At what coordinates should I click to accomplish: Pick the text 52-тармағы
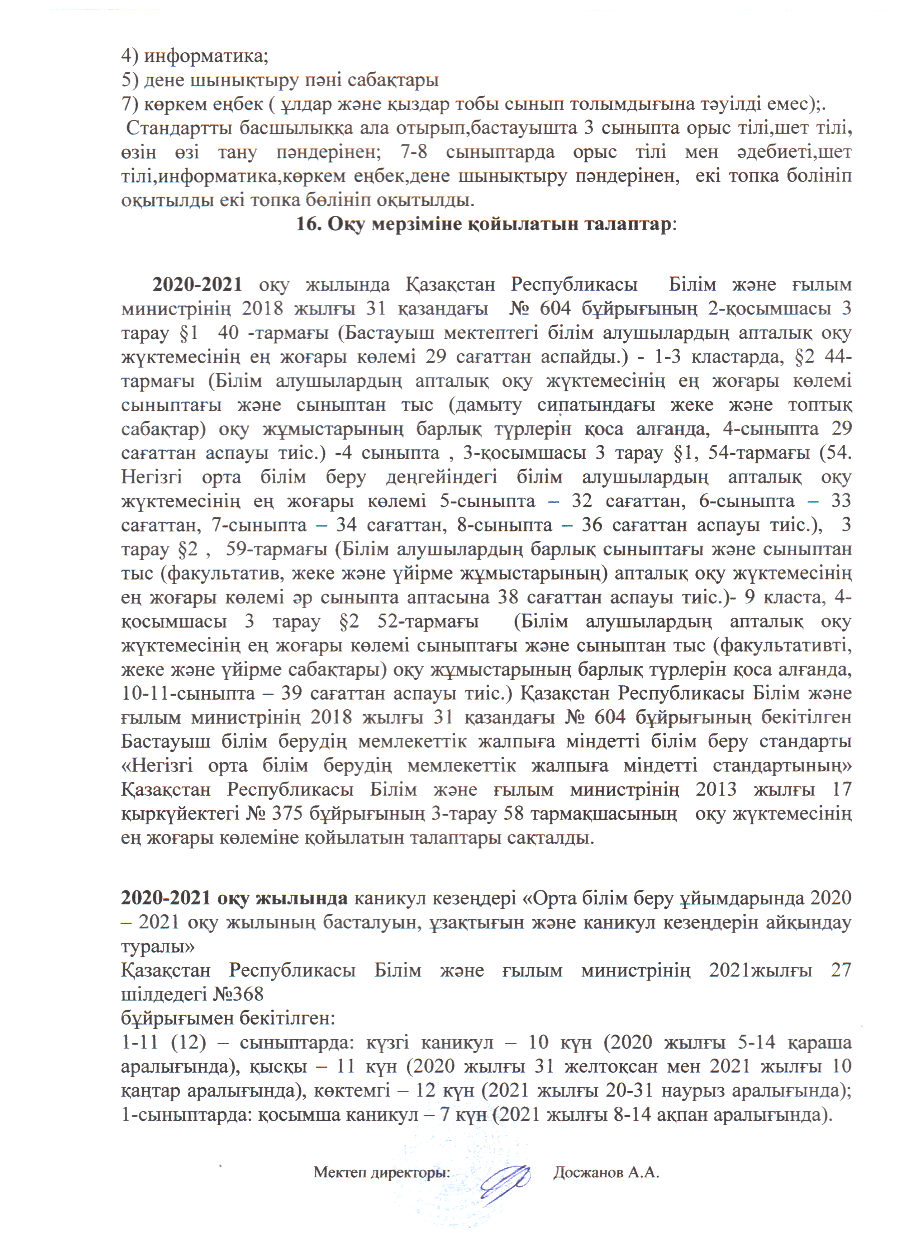coord(427,621)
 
